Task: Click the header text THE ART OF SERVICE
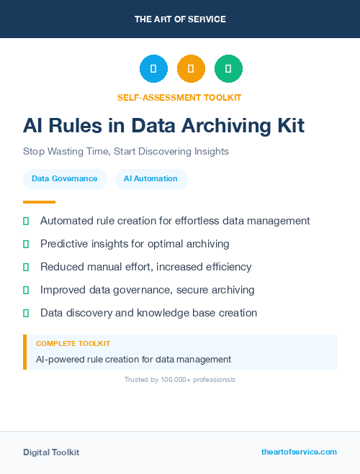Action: point(180,19)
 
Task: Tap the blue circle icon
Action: point(153,69)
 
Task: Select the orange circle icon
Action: point(191,69)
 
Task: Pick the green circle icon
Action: point(228,69)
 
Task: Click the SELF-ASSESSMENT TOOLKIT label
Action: point(180,97)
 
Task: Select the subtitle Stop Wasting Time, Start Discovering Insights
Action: point(126,152)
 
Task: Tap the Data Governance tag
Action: point(65,179)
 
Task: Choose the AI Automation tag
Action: point(150,179)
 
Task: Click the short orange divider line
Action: point(39,202)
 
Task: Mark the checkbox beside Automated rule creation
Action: point(26,221)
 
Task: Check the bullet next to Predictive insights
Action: point(26,245)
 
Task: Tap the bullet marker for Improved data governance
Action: point(26,290)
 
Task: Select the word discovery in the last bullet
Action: point(90,313)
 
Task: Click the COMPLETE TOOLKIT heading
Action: point(73,344)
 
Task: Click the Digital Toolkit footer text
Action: point(51,452)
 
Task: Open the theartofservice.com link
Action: point(299,452)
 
